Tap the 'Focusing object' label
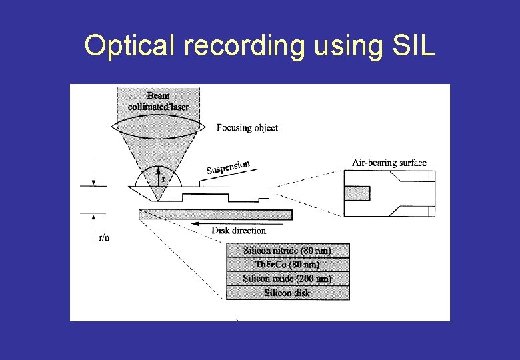247,127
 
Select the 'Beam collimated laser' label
158,101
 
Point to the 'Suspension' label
228,167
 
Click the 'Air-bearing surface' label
389,163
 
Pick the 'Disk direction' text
238,231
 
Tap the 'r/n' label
104,237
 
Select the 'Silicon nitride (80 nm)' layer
287,251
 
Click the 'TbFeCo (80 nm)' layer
287,265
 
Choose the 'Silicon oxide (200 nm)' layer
287,279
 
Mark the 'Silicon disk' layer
287,293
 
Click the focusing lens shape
159,127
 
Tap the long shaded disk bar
215,213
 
